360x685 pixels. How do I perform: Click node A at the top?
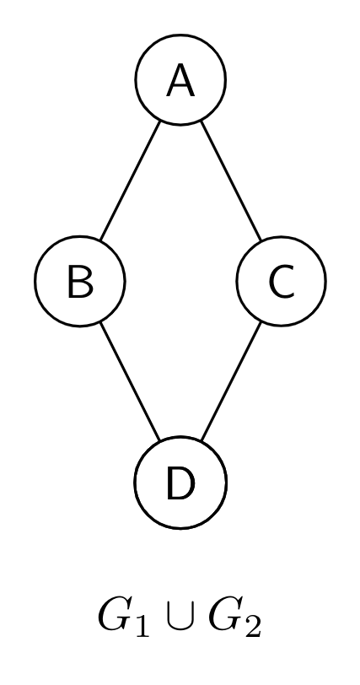coord(180,79)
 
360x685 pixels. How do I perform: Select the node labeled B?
coord(80,281)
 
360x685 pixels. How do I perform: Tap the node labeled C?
coord(281,281)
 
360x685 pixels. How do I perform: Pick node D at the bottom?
coord(180,483)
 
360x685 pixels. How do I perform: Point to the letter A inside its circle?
coord(180,80)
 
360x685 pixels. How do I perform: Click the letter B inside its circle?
coord(80,282)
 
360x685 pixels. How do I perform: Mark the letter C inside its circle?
coord(282,282)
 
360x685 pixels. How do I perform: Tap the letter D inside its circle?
coord(180,483)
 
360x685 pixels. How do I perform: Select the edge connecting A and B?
coord(130,181)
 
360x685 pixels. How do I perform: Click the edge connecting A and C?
coord(231,181)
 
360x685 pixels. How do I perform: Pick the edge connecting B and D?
coord(130,382)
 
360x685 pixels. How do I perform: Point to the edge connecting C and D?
coord(231,382)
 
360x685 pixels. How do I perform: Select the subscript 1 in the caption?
coord(142,625)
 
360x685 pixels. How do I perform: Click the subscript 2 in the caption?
coord(253,625)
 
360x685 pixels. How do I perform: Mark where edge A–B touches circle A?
coord(160,121)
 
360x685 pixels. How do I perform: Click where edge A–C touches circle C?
coord(261,240)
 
